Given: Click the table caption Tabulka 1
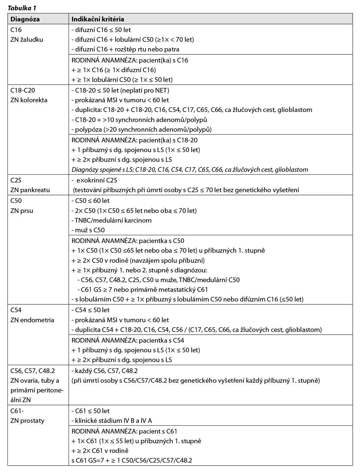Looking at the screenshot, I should pyautogui.click(x=22, y=7).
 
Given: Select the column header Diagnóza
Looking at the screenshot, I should pyautogui.click(x=25, y=19).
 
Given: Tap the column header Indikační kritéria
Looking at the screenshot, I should pyautogui.click(x=98, y=19).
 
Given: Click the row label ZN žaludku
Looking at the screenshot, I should pyautogui.click(x=27, y=39).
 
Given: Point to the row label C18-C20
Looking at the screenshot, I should pyautogui.click(x=23, y=90).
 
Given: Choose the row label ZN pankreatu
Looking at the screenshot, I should pyautogui.click(x=30, y=190).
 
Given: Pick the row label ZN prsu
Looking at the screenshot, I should pyautogui.click(x=22, y=211).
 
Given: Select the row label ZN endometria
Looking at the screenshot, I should pyautogui.click(x=32, y=320).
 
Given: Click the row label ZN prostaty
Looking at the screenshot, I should pyautogui.click(x=27, y=421).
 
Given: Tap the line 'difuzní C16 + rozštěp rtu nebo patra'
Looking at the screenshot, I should pyautogui.click(x=126, y=49).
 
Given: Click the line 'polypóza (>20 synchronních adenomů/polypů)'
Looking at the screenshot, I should pyautogui.click(x=142, y=129).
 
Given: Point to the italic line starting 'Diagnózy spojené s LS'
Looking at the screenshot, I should pyautogui.click(x=190, y=169).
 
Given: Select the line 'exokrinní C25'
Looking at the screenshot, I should pyautogui.click(x=95, y=180).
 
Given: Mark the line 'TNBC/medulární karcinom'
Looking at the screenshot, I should pyautogui.click(x=112, y=220).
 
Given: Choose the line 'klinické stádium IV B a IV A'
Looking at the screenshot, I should pyautogui.click(x=112, y=421).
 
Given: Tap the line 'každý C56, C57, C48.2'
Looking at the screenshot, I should pyautogui.click(x=105, y=371).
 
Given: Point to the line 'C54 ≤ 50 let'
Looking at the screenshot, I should pyautogui.click(x=91, y=310).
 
